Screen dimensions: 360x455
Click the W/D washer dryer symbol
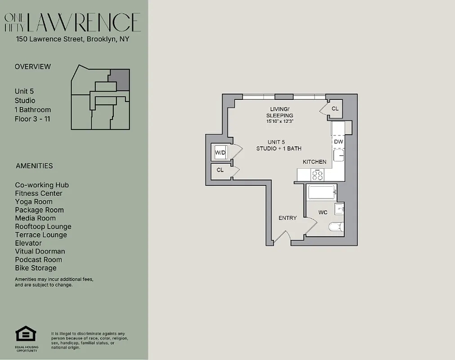tap(220, 153)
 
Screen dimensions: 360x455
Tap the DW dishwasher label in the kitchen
tap(339, 142)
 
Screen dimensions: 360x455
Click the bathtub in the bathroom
tap(321, 193)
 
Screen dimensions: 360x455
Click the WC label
tap(323, 212)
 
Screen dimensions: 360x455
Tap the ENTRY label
tap(287, 218)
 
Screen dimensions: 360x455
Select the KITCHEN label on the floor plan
tap(314, 162)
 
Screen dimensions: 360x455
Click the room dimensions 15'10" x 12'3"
tap(280, 121)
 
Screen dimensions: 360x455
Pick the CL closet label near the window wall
tap(335, 109)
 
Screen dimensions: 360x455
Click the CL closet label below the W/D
tap(220, 170)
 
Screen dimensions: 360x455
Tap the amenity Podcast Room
tap(38, 260)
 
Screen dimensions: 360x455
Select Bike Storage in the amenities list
tap(36, 268)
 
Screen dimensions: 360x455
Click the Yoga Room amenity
tap(34, 202)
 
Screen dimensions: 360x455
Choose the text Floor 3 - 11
tap(32, 119)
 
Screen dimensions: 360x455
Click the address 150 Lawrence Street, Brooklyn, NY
tap(72, 39)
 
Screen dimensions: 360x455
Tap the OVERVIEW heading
tap(33, 67)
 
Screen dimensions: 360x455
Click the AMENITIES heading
tap(34, 166)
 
